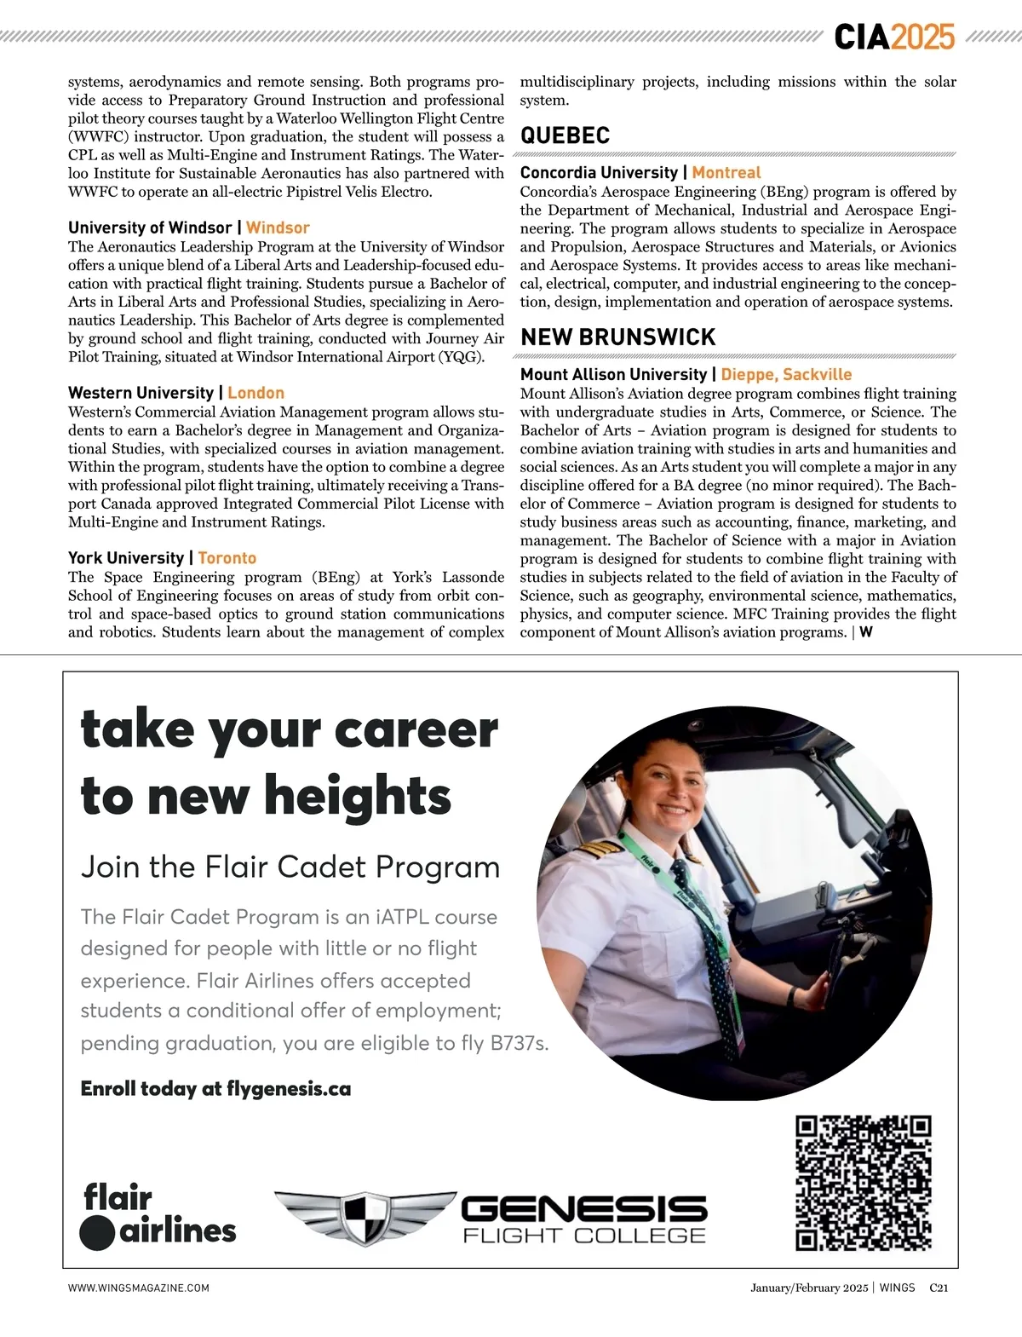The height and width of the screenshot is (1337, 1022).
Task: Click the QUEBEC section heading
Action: tap(565, 135)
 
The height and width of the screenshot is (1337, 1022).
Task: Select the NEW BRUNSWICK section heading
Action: tap(617, 337)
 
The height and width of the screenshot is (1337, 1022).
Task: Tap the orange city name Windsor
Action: tap(278, 228)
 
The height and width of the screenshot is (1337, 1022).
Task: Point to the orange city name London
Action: tap(255, 394)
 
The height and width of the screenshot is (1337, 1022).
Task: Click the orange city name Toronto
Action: tap(227, 558)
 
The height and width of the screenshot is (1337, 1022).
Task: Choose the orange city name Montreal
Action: tap(726, 173)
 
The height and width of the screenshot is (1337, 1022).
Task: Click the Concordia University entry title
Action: tap(599, 173)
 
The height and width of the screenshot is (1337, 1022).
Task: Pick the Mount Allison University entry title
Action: tap(613, 375)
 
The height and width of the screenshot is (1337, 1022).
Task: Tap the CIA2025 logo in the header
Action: tap(894, 37)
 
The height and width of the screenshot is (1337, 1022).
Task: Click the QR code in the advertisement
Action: tap(863, 1182)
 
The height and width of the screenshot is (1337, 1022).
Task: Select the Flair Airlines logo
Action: tap(158, 1215)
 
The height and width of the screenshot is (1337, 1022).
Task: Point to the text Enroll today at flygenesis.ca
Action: tap(215, 1089)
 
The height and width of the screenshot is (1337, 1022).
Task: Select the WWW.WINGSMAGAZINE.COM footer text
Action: tap(139, 1288)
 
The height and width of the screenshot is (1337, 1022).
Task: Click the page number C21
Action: tap(939, 1288)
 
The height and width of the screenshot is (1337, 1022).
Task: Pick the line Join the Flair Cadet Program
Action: tap(290, 867)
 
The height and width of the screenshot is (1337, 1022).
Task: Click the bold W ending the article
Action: tap(866, 632)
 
